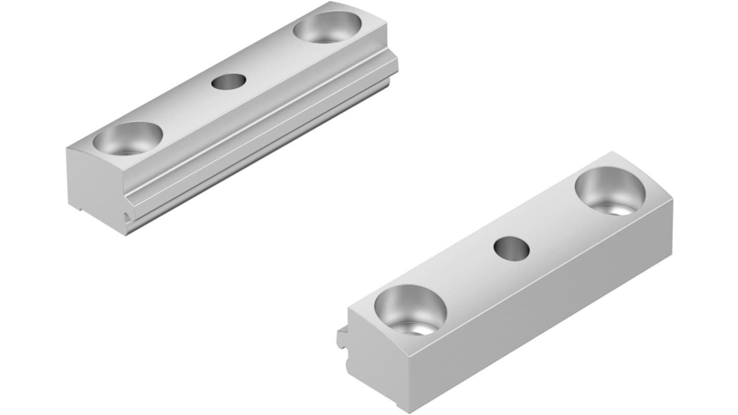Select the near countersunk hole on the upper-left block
pos(128,138)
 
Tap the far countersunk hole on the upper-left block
pos(327,27)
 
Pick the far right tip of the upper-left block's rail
pos(396,64)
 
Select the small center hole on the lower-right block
pos(511,248)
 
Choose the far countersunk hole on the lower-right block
pos(610,190)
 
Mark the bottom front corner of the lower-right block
pos(411,411)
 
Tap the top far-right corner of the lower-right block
pos(671,200)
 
